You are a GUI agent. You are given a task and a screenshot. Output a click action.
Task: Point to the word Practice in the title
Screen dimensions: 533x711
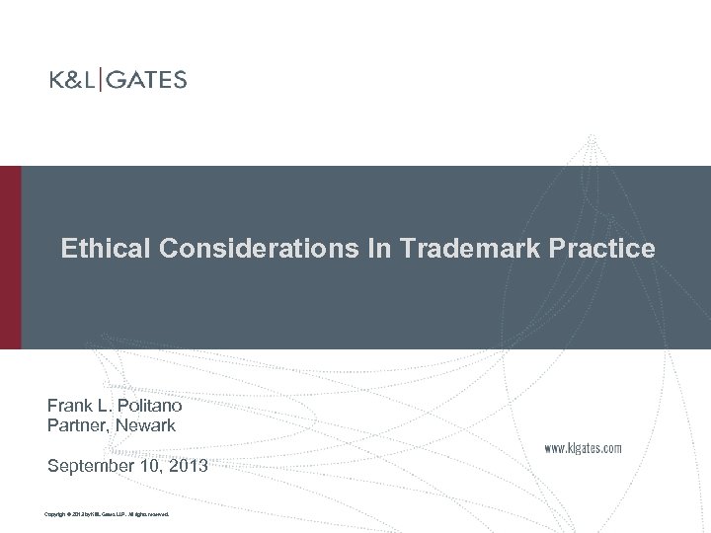[609, 249]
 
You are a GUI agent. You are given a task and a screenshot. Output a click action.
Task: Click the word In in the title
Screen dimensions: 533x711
[378, 249]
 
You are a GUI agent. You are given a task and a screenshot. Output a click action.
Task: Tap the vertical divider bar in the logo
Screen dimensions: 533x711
[101, 80]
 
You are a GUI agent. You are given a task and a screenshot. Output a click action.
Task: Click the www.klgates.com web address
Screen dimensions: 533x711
[584, 448]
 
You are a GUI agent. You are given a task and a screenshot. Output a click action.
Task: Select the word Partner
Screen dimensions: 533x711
[77, 425]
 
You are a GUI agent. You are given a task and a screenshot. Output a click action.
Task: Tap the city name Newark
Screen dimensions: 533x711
[145, 425]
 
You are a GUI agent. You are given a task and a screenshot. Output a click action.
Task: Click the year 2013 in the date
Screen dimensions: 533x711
[188, 466]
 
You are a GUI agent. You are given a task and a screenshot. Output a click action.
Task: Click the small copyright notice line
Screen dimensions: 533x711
[108, 514]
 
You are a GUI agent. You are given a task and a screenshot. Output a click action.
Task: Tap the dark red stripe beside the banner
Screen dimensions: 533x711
[10, 257]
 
